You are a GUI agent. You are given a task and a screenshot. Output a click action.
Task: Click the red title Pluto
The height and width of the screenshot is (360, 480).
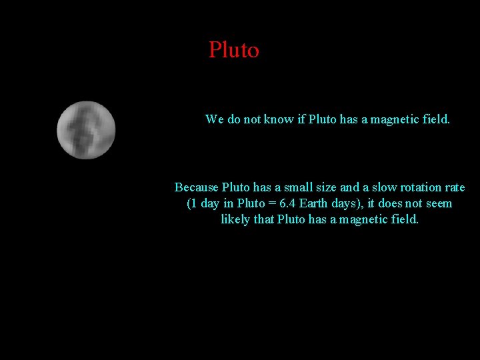pos(233,50)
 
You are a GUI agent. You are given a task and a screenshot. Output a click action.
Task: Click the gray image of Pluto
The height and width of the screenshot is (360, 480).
pos(86,130)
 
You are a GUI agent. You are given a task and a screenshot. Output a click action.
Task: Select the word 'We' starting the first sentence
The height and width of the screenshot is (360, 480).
pos(215,119)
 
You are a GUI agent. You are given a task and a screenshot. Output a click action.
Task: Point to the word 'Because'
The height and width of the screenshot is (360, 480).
pos(196,187)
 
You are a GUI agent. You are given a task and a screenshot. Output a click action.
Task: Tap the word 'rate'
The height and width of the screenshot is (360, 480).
pos(455,187)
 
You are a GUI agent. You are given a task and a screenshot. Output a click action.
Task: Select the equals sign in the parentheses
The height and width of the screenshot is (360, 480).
pos(267,203)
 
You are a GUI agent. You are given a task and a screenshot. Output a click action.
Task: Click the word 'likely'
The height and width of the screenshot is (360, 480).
pos(235,219)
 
